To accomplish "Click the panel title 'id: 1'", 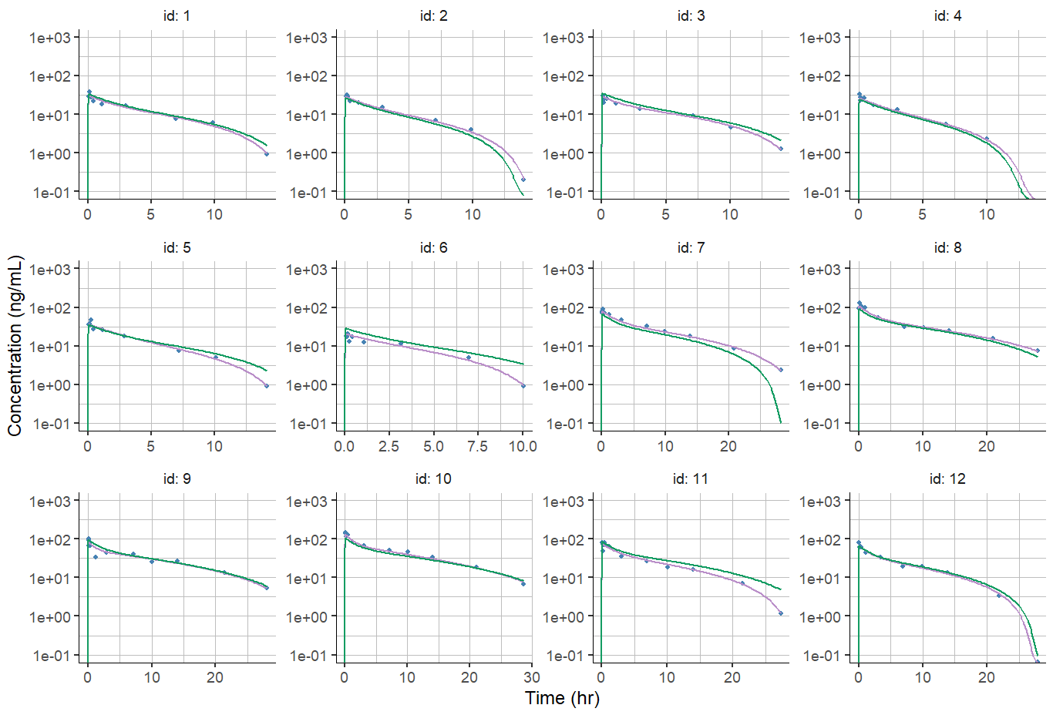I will (x=177, y=15).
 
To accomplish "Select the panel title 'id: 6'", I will (x=433, y=247).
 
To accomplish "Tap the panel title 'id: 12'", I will (x=947, y=478).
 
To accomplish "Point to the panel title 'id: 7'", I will (x=690, y=247).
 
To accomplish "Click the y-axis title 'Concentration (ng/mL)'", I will (x=15, y=346).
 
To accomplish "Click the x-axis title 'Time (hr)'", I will (x=562, y=698).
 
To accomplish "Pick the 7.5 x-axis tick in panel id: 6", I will (x=477, y=446).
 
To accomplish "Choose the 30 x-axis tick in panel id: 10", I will (x=531, y=677).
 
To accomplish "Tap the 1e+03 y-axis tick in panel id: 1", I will (x=50, y=38).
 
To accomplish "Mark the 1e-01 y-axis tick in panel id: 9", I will (x=50, y=656).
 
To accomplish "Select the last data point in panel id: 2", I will (x=523, y=180).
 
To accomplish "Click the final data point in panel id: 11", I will (x=780, y=613).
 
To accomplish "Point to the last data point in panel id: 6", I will (x=523, y=385).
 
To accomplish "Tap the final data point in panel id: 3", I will (x=780, y=149).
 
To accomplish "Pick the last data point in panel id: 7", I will (x=780, y=370).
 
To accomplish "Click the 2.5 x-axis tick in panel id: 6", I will (x=389, y=446).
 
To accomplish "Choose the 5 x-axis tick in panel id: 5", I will (x=150, y=446).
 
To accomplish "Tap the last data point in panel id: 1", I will (x=266, y=154).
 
